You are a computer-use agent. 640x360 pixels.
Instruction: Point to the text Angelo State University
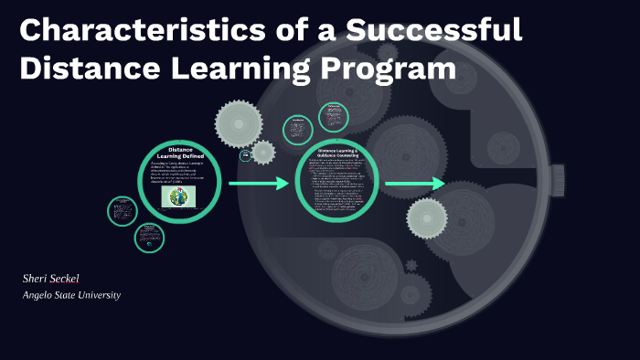click(x=72, y=295)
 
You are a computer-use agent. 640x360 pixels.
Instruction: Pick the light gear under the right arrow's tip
click(x=426, y=218)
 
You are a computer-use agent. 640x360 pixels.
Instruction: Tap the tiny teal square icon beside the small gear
click(x=245, y=155)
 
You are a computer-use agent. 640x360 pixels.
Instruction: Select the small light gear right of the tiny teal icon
click(x=262, y=152)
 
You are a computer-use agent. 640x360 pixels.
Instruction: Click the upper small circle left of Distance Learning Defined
click(x=123, y=212)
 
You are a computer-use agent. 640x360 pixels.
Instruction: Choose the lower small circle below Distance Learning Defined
click(x=148, y=238)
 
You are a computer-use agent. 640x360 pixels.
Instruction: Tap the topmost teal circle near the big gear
click(x=333, y=116)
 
